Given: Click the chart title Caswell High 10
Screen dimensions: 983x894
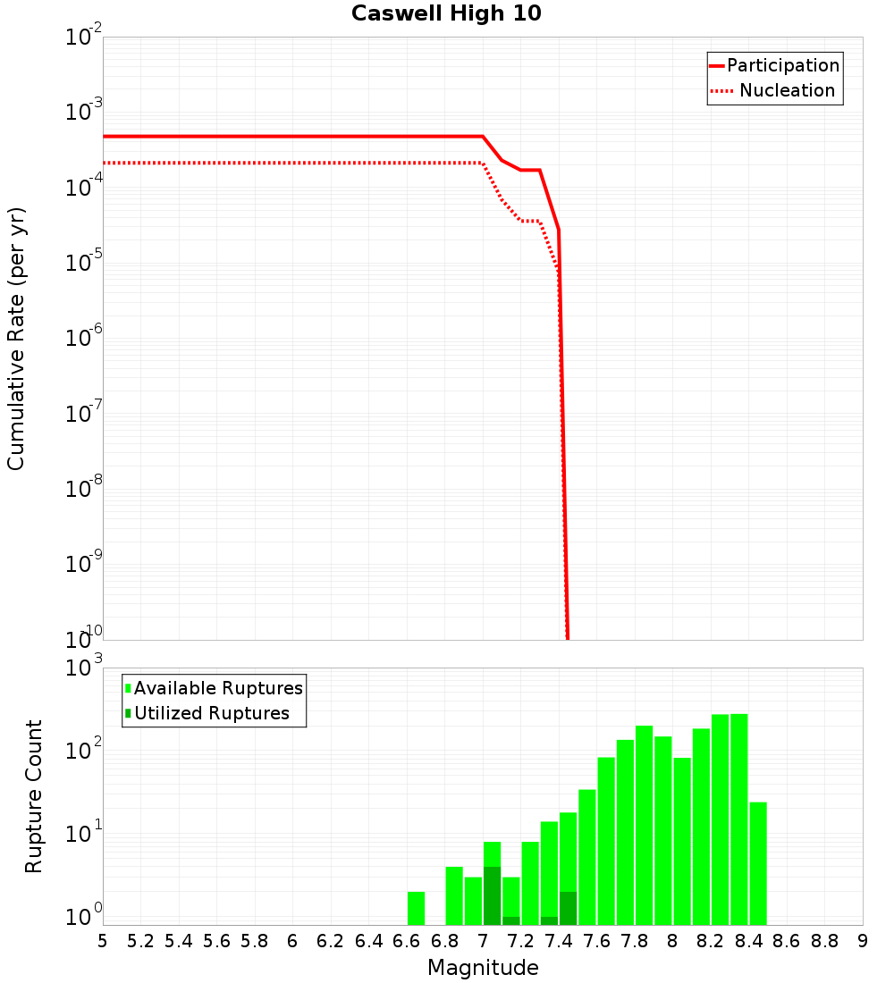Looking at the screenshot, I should tap(446, 14).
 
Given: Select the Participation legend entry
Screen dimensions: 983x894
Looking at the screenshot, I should tap(782, 65).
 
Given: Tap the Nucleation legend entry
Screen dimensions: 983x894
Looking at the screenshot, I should tap(787, 90).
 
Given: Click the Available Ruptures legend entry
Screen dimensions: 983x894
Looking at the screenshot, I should tap(218, 688).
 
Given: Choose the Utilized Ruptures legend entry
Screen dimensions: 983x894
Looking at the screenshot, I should tap(211, 713).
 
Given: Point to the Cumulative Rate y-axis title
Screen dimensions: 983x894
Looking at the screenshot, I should tap(16, 339).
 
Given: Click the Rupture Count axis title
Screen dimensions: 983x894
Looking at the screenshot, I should tap(34, 796).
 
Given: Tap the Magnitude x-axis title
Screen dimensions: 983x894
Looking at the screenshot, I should tap(483, 968).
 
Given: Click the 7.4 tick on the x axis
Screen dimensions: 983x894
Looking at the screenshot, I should tap(559, 941).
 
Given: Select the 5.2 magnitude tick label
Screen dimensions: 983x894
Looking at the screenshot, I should tap(140, 941).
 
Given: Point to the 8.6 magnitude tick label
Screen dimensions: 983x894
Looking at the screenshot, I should tap(787, 941).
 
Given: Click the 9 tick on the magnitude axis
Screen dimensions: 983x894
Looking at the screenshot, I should tap(863, 941).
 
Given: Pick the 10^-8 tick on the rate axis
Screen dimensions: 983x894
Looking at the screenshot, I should tap(85, 489).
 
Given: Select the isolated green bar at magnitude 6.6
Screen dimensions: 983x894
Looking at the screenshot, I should tap(416, 908).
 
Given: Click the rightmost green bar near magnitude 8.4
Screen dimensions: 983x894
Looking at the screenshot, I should tap(758, 862).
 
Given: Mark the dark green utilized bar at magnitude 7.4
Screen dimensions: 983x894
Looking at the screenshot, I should tap(568, 908).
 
